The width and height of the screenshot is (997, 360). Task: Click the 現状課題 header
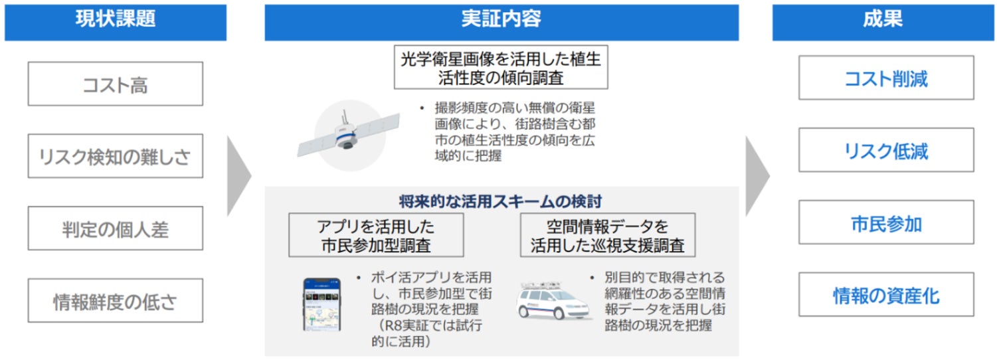(x=116, y=22)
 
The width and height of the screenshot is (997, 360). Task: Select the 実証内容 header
(x=501, y=22)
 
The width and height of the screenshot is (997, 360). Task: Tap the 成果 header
(x=883, y=22)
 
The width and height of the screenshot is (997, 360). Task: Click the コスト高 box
(x=116, y=84)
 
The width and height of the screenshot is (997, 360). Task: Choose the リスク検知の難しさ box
(x=116, y=156)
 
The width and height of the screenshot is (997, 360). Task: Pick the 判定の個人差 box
(x=116, y=228)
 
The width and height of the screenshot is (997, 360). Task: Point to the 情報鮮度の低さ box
(x=116, y=301)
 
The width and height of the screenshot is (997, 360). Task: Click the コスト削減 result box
(x=886, y=78)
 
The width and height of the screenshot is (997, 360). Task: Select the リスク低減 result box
(x=886, y=150)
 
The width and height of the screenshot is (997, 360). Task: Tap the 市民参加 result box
(x=886, y=223)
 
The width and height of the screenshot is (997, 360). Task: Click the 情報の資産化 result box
(x=886, y=295)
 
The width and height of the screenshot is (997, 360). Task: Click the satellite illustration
(x=349, y=135)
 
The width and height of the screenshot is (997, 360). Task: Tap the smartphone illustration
(x=322, y=304)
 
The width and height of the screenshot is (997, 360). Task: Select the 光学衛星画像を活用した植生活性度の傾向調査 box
(x=501, y=67)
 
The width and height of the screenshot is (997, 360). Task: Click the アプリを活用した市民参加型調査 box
(x=376, y=235)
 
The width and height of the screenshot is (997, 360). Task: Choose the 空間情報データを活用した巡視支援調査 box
(x=608, y=235)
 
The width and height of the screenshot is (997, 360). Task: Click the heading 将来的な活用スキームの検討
(x=500, y=201)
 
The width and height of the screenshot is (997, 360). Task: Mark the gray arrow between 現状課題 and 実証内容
(x=239, y=176)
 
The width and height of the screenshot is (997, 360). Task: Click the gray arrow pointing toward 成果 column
(x=757, y=176)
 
